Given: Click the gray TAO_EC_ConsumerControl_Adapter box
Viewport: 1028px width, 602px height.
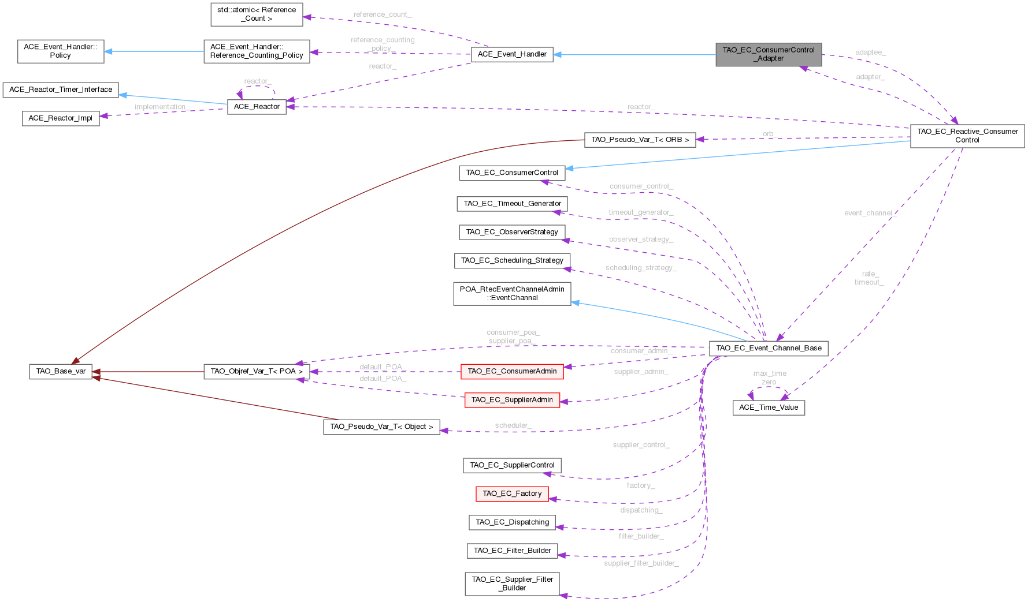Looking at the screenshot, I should [768, 54].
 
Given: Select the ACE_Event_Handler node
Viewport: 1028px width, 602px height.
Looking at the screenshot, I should [512, 54].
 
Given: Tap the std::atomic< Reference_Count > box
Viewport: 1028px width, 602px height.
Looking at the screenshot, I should [257, 14].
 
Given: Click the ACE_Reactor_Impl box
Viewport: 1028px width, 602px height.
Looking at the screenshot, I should [61, 118].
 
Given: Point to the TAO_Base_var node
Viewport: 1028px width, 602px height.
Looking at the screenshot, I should [61, 371].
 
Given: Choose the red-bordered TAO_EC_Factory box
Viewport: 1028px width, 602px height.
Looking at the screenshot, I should [512, 493].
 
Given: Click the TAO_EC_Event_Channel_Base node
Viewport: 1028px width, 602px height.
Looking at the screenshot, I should [769, 348].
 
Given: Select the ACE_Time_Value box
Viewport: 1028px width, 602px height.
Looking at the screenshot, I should [769, 407].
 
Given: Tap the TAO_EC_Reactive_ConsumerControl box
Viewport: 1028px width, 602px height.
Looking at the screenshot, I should [967, 136].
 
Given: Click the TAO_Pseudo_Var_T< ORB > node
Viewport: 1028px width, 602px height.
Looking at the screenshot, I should [640, 140].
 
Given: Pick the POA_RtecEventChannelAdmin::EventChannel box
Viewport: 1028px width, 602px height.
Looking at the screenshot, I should [512, 293].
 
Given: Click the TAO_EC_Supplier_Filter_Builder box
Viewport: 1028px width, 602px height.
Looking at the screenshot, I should [512, 584].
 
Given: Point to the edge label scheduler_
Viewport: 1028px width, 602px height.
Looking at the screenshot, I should [513, 426].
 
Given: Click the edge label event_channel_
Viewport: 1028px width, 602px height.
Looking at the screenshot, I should [870, 214].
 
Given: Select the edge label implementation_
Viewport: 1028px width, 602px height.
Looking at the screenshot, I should [162, 107].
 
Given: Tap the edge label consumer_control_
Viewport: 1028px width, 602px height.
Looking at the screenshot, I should [641, 186].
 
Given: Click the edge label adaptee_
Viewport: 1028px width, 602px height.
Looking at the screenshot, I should [870, 53].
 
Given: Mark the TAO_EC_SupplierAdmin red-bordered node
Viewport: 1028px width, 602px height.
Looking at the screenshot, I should [512, 400].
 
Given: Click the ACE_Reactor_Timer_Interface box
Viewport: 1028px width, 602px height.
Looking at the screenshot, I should [61, 90].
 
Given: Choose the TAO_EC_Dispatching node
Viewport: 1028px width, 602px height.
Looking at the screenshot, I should [512, 522].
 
